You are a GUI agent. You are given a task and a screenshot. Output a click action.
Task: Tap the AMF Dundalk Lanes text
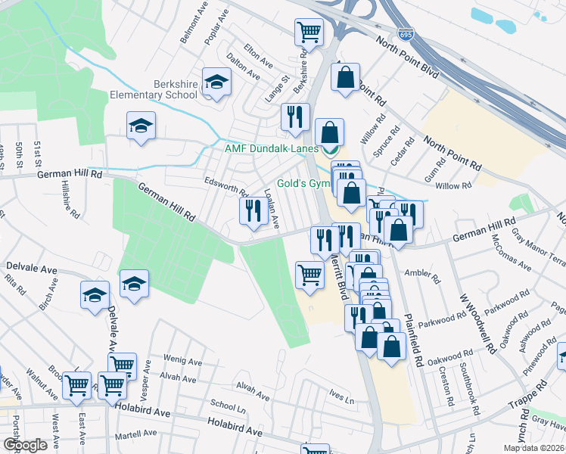[x=271, y=149]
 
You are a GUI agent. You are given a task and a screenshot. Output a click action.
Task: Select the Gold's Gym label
[x=303, y=183]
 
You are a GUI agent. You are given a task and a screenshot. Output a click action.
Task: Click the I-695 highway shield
[x=404, y=34]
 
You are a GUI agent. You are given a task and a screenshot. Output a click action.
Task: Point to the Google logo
[x=24, y=445]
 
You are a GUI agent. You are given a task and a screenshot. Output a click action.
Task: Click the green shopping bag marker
[x=330, y=134]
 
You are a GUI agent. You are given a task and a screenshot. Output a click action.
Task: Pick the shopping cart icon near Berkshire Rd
[x=308, y=33]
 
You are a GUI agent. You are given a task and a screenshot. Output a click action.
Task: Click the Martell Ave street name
[x=135, y=435]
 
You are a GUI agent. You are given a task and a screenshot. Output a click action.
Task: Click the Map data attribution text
[x=533, y=448]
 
